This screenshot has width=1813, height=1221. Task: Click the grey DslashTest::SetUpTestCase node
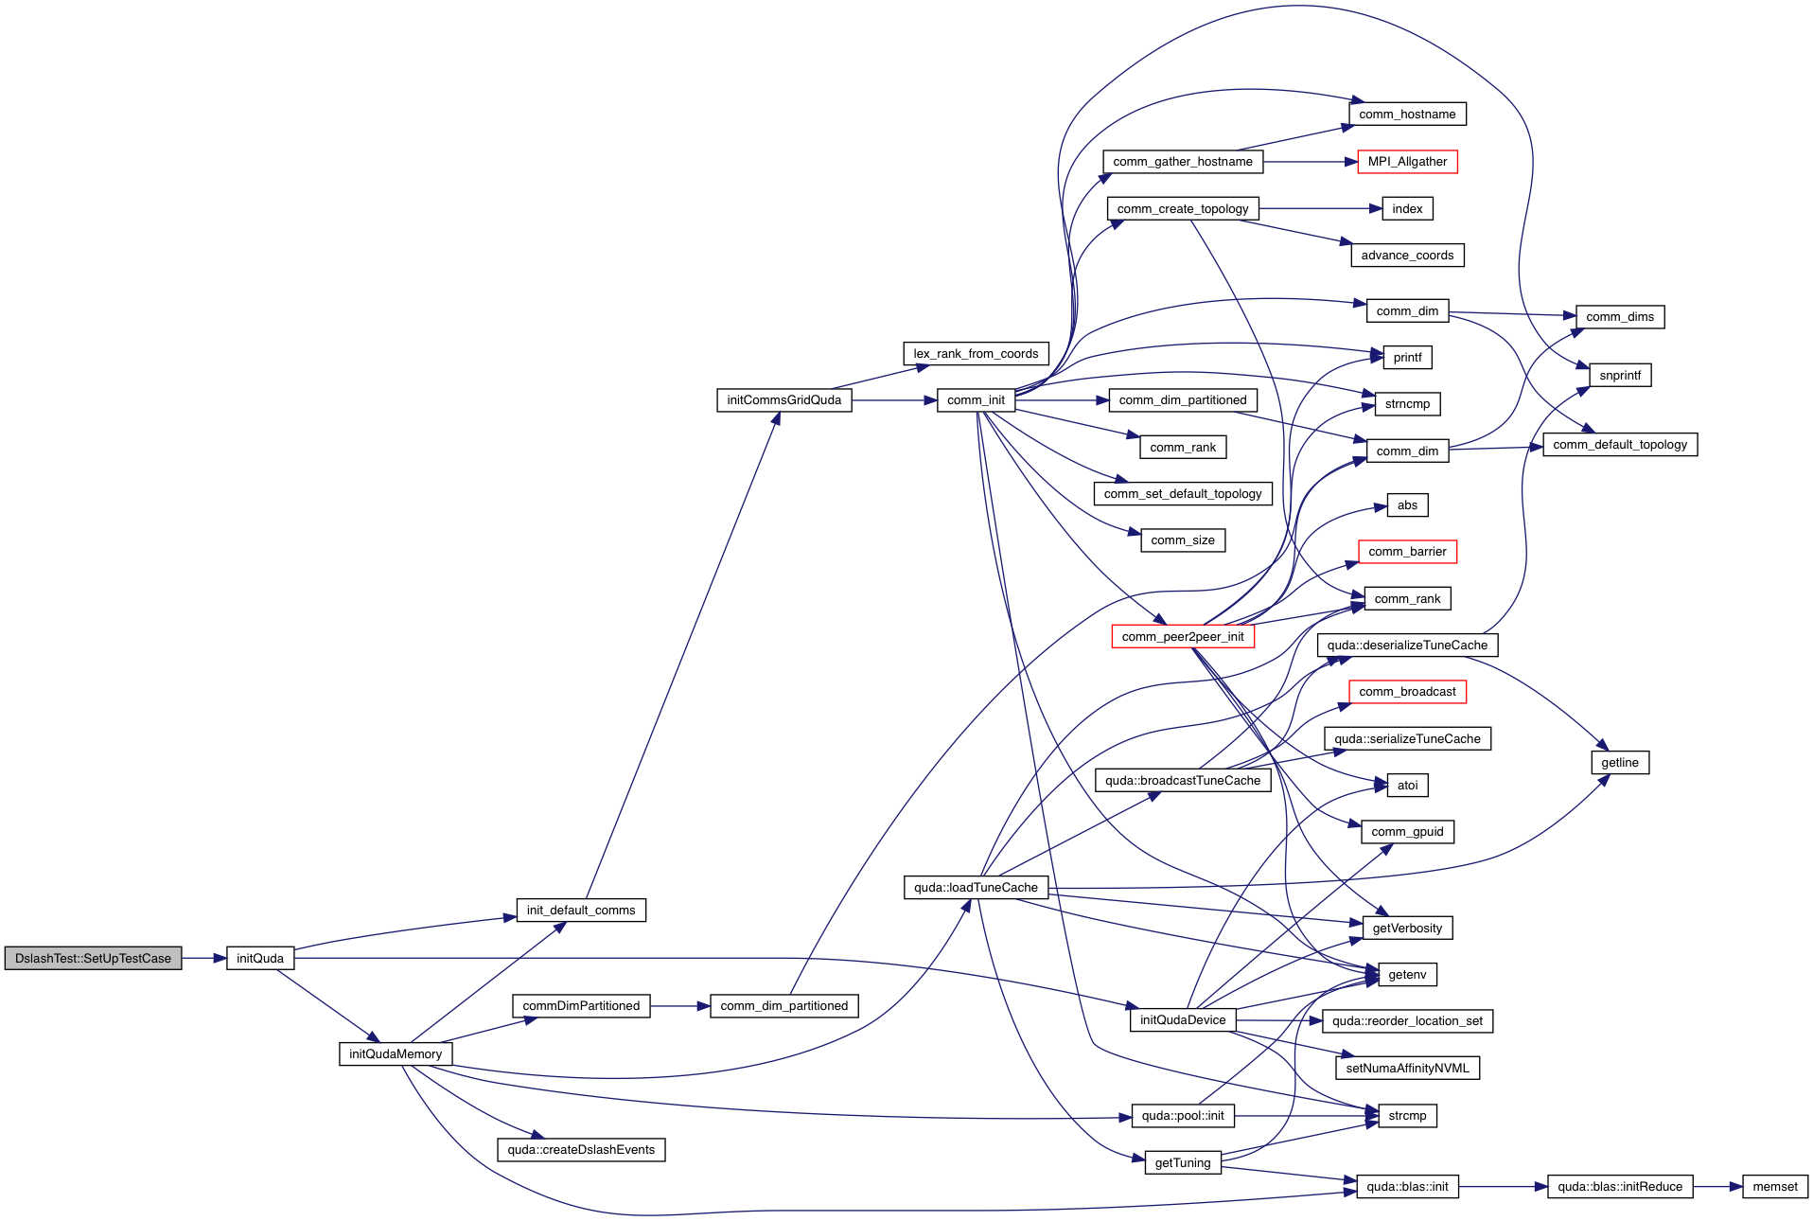(x=93, y=958)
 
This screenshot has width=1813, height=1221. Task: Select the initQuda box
(x=260, y=958)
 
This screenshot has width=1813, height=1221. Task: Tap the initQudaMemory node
(x=396, y=1053)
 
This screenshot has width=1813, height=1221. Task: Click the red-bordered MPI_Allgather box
(x=1407, y=162)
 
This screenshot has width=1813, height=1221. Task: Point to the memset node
(x=1774, y=1186)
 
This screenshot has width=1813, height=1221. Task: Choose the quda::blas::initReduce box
(x=1620, y=1186)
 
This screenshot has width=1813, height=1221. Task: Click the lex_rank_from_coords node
(x=976, y=354)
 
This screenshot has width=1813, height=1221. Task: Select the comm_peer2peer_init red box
(x=1183, y=636)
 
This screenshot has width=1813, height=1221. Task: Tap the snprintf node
(x=1620, y=375)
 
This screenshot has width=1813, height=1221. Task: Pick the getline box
(x=1620, y=762)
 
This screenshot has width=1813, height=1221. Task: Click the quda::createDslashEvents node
(x=581, y=1149)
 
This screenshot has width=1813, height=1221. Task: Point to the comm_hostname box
(x=1407, y=115)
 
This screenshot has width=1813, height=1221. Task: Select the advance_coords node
(x=1407, y=256)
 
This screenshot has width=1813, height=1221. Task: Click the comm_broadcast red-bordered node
(x=1407, y=692)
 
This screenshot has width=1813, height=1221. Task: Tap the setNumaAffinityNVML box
(x=1407, y=1068)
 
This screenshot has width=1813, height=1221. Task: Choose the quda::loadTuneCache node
(x=976, y=887)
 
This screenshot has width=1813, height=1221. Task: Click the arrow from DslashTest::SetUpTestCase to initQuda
(x=203, y=958)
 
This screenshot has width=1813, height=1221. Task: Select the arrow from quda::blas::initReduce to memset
(x=1717, y=1186)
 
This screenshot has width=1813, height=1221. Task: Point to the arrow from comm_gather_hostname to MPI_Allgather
(x=1310, y=162)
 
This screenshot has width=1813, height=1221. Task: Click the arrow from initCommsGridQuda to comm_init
(x=894, y=400)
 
